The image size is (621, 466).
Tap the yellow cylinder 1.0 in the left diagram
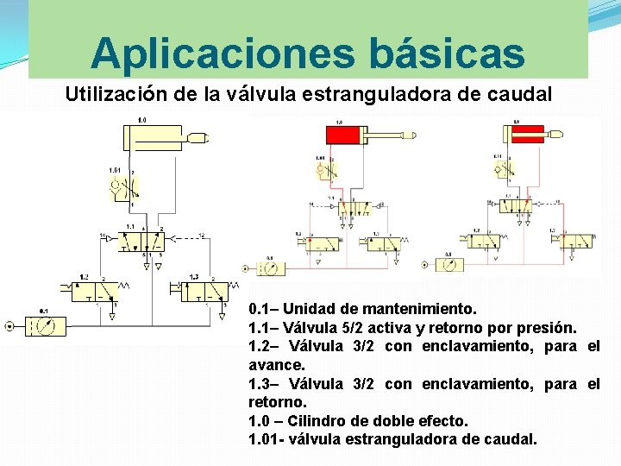coord(153,138)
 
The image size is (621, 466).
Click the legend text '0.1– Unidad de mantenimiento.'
coord(362,309)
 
